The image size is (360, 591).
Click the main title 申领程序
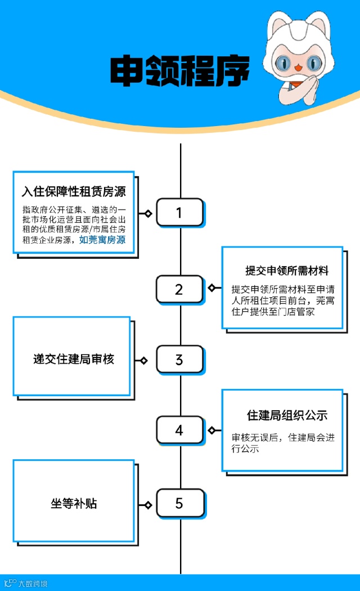(179, 72)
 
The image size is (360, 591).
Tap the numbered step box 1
(179, 213)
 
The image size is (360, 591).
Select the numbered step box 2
(179, 289)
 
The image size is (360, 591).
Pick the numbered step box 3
(179, 360)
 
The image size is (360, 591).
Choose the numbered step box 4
(179, 431)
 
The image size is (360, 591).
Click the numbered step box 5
(179, 503)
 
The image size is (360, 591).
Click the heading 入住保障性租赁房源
(74, 191)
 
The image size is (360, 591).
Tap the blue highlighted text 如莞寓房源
(102, 240)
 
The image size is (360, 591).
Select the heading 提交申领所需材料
(286, 271)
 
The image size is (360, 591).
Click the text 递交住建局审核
(74, 359)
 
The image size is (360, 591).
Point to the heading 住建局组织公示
(287, 415)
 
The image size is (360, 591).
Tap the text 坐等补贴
(74, 503)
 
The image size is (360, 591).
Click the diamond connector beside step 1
(148, 213)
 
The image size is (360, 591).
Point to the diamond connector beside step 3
(144, 360)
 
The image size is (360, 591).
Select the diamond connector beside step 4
(211, 431)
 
